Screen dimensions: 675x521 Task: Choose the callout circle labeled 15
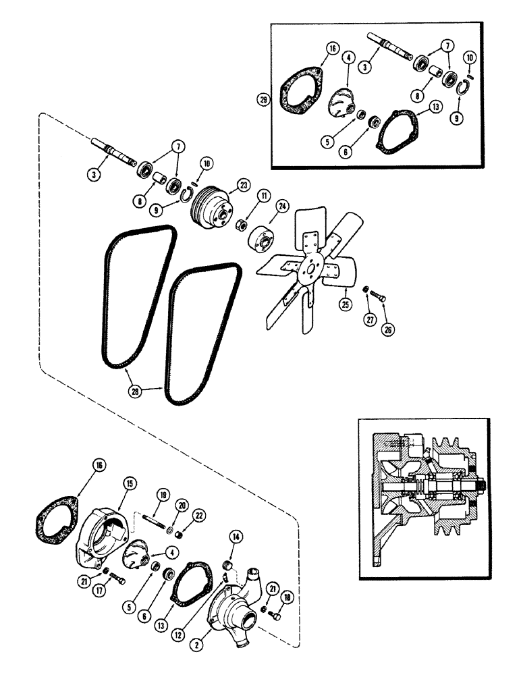pos(128,483)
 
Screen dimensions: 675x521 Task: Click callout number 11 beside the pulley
pos(262,196)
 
